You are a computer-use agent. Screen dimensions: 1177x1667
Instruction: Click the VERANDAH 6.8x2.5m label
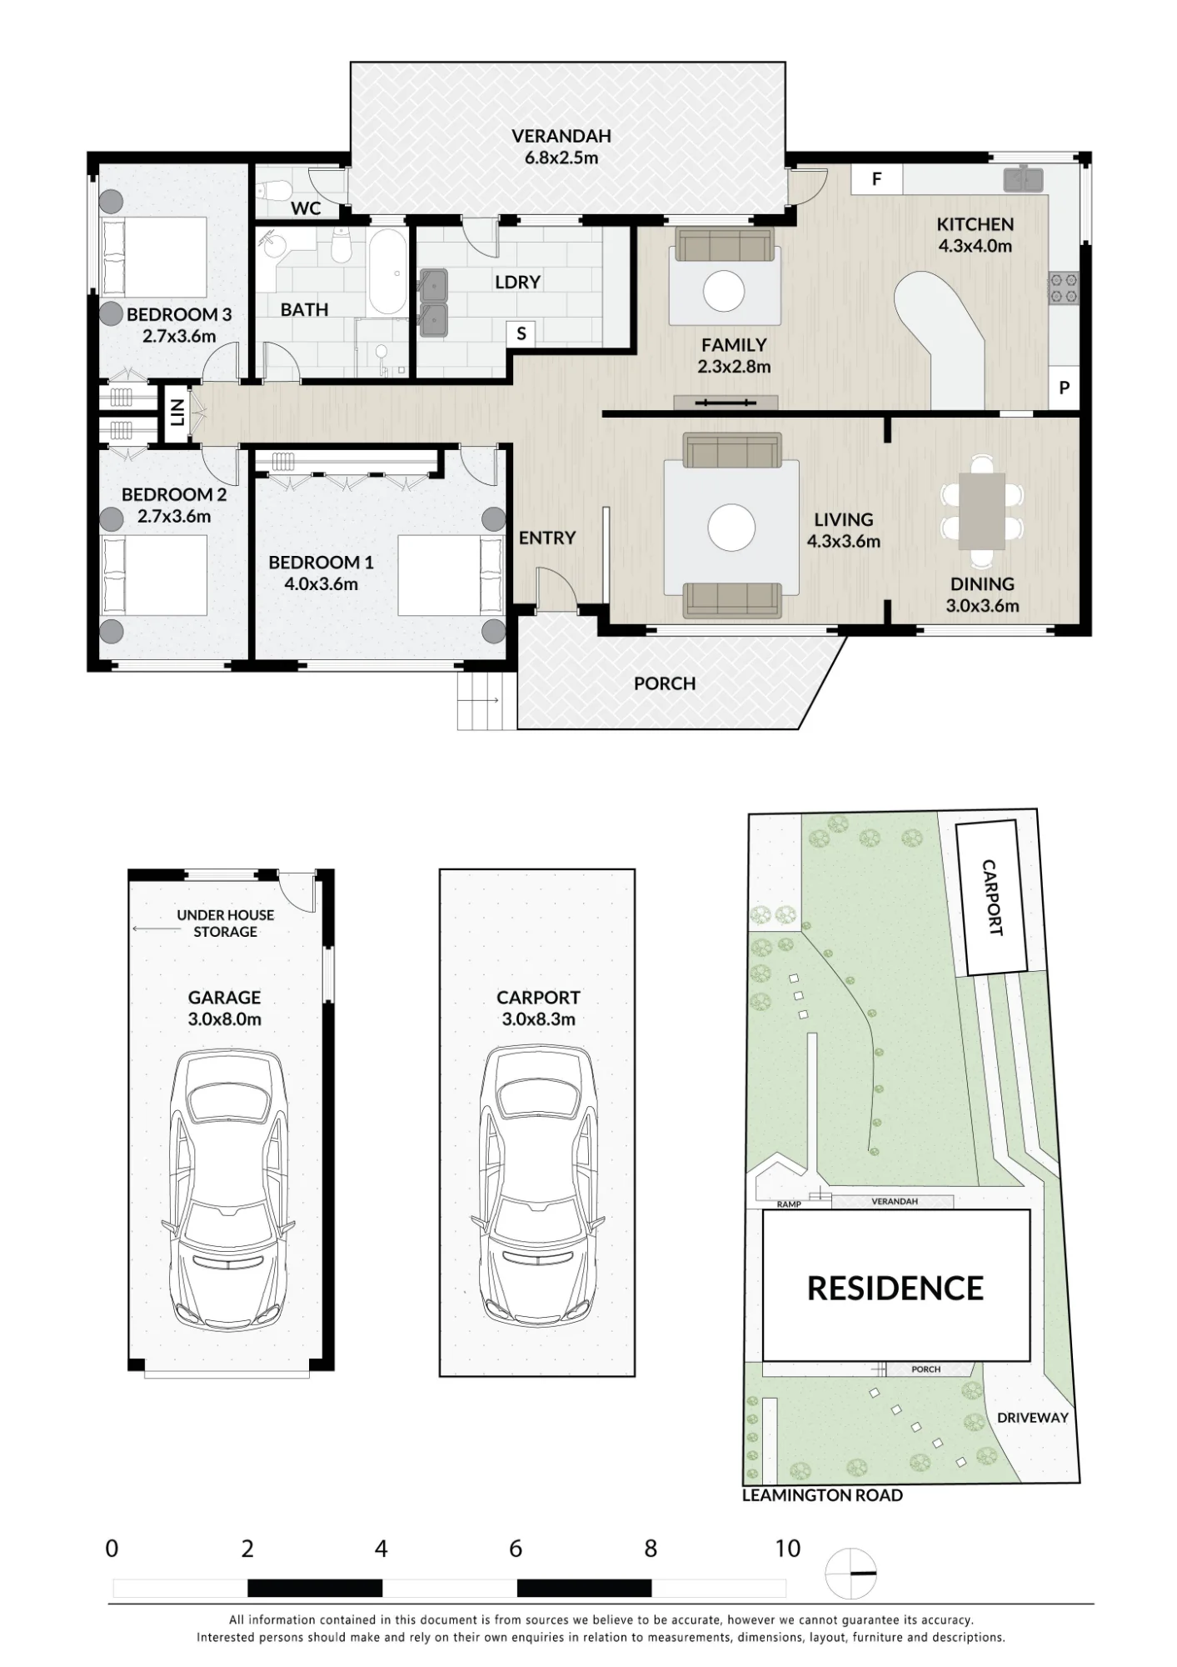(x=561, y=147)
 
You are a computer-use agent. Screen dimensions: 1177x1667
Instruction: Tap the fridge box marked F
(x=876, y=179)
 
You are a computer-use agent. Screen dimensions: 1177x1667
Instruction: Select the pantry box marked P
(x=1064, y=388)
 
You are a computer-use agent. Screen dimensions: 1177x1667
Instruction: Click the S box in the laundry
(x=521, y=334)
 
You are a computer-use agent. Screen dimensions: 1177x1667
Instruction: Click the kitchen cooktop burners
(x=1064, y=288)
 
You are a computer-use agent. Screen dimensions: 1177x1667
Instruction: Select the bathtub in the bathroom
(x=387, y=272)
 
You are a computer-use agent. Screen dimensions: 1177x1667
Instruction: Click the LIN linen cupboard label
(x=177, y=412)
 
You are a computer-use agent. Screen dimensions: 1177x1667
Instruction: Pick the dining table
(x=981, y=511)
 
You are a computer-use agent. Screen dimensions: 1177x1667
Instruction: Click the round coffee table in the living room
(x=731, y=527)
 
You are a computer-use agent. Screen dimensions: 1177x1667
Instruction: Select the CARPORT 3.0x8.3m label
(x=538, y=1009)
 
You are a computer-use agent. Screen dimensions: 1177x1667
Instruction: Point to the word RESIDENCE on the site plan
(x=895, y=1289)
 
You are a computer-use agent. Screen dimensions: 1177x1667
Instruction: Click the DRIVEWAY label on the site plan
(x=1032, y=1417)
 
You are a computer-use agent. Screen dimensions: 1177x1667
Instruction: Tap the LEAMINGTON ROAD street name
(x=822, y=1495)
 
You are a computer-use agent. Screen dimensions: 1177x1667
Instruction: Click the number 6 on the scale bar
(x=516, y=1549)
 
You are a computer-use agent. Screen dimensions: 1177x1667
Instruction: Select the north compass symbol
(x=850, y=1574)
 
